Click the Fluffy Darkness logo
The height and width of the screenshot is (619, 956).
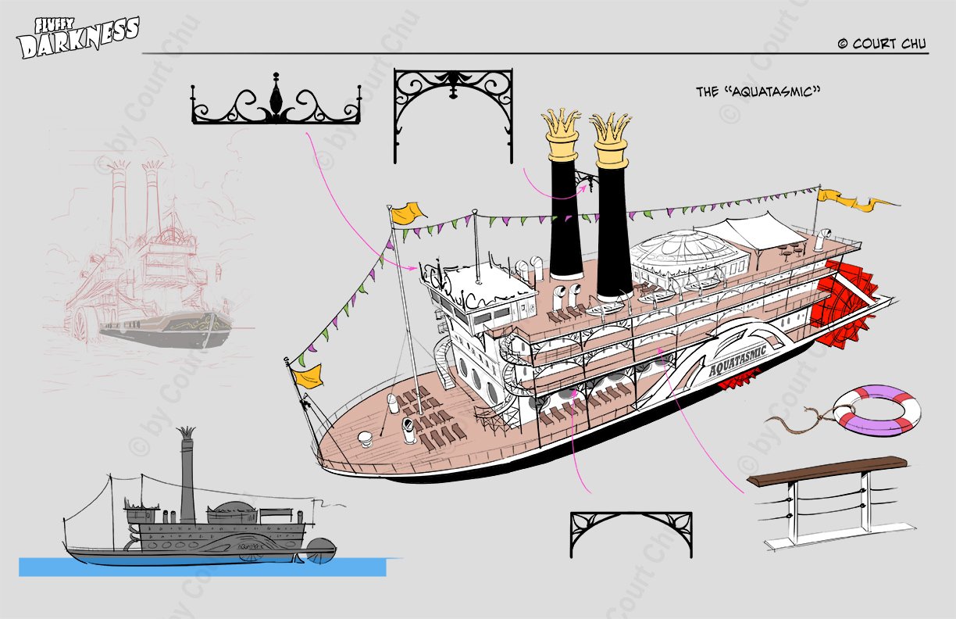(x=79, y=38)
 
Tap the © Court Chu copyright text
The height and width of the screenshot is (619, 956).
(x=882, y=44)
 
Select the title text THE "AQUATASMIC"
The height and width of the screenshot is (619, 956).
(x=758, y=91)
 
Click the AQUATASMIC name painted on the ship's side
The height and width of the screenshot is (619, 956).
(x=737, y=360)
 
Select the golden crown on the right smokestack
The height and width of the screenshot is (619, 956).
(x=611, y=140)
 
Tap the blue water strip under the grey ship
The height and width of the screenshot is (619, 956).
(x=203, y=567)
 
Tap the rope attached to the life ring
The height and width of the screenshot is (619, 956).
(x=802, y=417)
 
